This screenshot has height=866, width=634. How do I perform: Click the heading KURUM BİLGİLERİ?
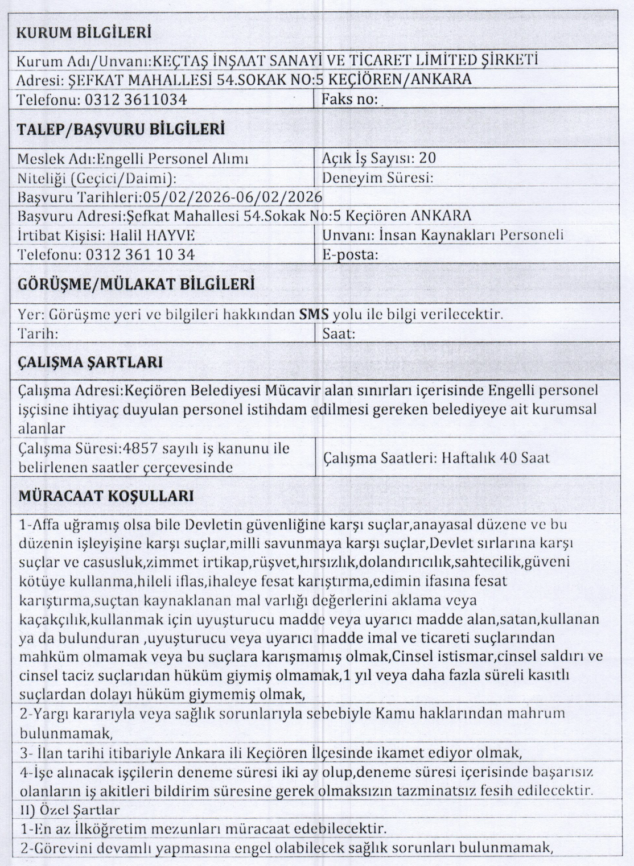pyautogui.click(x=84, y=33)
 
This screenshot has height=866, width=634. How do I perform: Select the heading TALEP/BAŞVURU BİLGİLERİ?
pyautogui.click(x=121, y=129)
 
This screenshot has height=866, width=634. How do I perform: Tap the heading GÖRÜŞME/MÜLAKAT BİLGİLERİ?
pyautogui.click(x=136, y=283)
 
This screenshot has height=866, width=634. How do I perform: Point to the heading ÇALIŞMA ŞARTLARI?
pyautogui.click(x=90, y=362)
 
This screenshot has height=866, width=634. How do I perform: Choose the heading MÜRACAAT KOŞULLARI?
pyautogui.click(x=106, y=496)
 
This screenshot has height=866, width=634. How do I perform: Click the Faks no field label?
pyautogui.click(x=350, y=99)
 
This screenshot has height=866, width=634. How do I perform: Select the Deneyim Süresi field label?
pyautogui.click(x=378, y=178)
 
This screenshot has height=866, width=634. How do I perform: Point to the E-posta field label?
pyautogui.click(x=350, y=255)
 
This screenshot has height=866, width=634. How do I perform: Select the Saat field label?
pyautogui.click(x=339, y=333)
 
